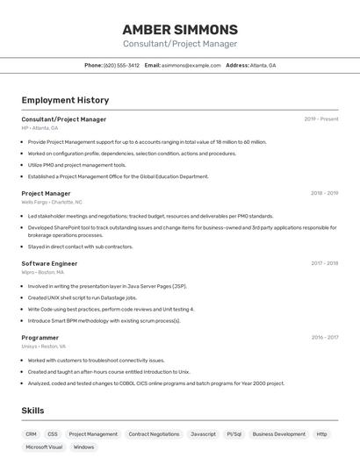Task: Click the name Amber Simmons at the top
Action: pos(180,29)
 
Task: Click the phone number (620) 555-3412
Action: pos(121,65)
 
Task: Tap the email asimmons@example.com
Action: pos(191,65)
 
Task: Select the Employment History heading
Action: pos(65,100)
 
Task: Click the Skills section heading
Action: pos(32,411)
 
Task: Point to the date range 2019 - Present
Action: pos(321,118)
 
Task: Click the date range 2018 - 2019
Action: pos(324,193)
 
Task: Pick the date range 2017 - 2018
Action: pos(324,263)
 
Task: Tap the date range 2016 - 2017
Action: pos(324,337)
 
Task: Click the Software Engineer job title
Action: pos(49,263)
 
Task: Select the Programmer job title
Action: pos(40,337)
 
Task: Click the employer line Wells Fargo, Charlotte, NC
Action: pos(52,202)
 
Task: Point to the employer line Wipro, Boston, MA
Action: pos(43,272)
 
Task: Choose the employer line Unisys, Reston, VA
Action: pos(44,346)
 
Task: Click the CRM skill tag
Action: pos(31,433)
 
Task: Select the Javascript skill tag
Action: pos(203,433)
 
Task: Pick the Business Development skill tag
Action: pos(278,433)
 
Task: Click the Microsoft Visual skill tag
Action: pos(44,447)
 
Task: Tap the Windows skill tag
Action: pos(83,447)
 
